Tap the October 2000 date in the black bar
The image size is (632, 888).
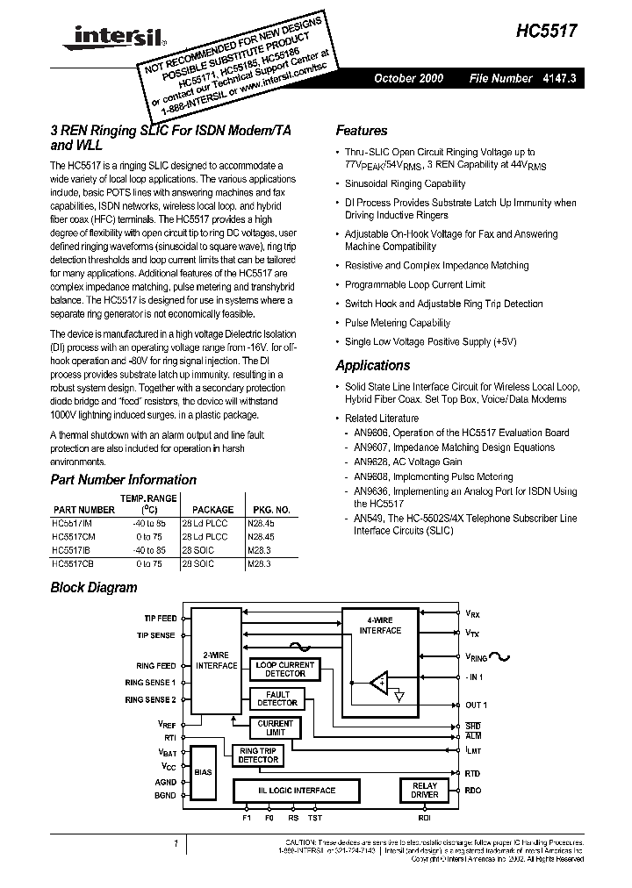pos(408,78)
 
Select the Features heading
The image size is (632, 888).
pos(361,131)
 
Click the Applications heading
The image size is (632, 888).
pos(372,365)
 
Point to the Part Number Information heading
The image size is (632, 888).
pos(123,479)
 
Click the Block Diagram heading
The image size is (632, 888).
pos(93,588)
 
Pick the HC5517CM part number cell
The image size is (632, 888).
pos(77,534)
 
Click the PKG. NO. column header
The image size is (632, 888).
pos(271,509)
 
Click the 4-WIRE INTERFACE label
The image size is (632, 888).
pos(380,626)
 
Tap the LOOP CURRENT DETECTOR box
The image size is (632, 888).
pos(284,670)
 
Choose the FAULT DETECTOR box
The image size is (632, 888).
pos(276,698)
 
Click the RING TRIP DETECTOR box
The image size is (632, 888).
pos(258,755)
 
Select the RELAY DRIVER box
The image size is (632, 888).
pos(424,790)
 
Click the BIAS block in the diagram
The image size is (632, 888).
pos(203,772)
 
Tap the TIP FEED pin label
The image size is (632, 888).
pos(155,619)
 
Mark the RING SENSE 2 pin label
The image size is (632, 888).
pos(150,699)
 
